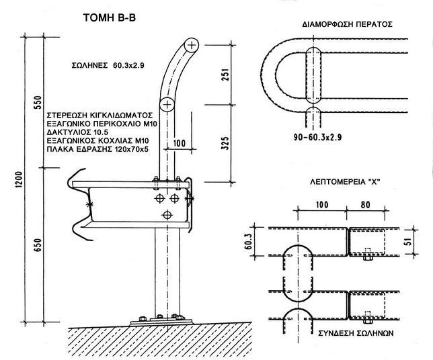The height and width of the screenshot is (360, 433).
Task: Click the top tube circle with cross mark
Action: [193, 45]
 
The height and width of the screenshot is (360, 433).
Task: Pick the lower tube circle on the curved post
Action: [167, 104]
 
